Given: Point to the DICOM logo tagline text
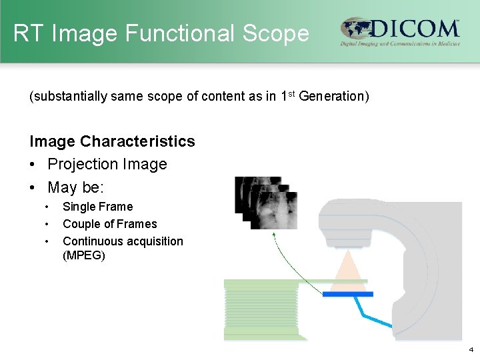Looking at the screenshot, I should tap(400, 44).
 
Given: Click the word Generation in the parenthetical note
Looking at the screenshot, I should tap(332, 97).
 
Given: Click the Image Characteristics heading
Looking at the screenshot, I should tap(112, 141).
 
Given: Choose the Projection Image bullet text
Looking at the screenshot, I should tap(107, 164).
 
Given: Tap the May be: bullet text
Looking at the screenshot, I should tap(75, 187).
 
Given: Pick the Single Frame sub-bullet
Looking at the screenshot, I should tap(97, 207).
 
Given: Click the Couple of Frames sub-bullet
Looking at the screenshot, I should tap(109, 224).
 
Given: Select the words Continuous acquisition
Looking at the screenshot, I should tap(123, 241).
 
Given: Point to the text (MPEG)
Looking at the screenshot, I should tap(83, 255).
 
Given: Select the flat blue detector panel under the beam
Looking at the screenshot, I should tap(347, 293).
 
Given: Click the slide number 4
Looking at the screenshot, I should tap(471, 349).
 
